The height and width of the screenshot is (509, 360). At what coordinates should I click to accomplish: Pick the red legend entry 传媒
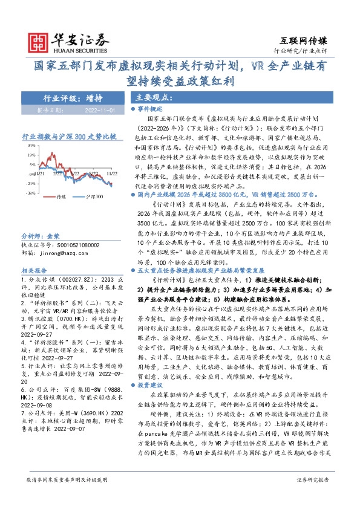click(x=60, y=197)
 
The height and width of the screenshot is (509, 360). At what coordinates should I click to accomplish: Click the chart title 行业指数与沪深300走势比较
click(x=68, y=137)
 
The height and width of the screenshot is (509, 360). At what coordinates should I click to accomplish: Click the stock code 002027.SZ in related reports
click(x=69, y=281)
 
